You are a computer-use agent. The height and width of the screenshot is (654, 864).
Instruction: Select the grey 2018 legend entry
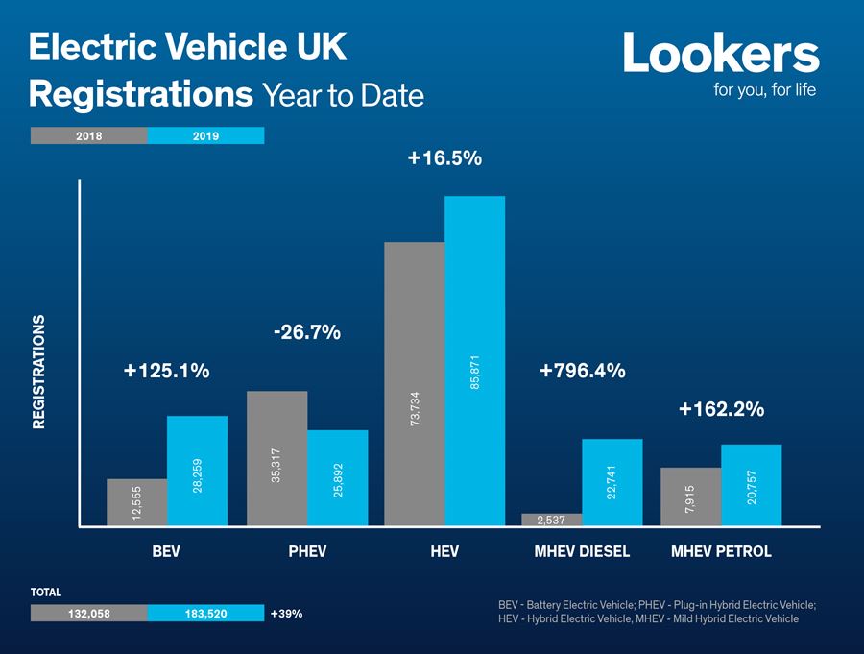[89, 135]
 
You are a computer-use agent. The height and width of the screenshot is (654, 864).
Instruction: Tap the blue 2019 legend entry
[205, 135]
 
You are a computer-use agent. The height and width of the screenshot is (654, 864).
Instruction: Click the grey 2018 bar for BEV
[136, 501]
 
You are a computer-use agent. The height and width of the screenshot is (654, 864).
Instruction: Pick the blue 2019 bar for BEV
[197, 471]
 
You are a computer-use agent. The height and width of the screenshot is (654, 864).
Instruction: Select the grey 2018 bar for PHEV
[276, 458]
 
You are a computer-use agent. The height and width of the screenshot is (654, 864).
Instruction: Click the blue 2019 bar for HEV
[474, 360]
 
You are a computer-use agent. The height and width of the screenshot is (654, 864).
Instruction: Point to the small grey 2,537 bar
[551, 520]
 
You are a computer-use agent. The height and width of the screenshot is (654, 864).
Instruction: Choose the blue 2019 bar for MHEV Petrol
[751, 485]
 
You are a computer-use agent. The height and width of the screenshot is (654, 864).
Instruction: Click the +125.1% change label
[167, 371]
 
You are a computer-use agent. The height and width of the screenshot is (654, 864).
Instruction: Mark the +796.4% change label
[583, 371]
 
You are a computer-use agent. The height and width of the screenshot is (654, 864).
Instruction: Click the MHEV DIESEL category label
[582, 552]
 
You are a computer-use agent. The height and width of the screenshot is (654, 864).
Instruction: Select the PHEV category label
[307, 552]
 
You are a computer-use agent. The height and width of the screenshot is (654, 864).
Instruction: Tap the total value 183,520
[205, 613]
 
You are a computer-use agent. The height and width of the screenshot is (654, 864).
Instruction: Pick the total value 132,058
[89, 613]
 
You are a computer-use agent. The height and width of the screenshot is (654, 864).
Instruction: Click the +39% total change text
[287, 613]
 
